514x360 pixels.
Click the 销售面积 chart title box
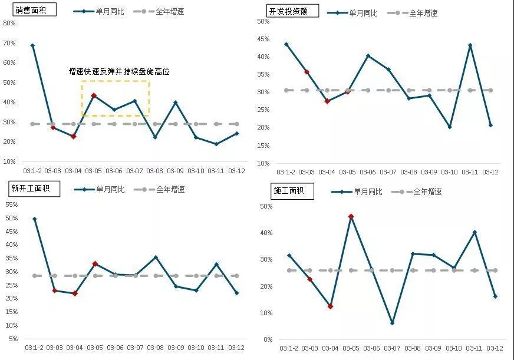[x=35, y=9]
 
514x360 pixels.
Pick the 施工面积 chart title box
[x=292, y=191]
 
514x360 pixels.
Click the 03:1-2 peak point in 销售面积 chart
[x=32, y=45]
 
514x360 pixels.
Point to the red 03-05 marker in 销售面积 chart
[x=94, y=95]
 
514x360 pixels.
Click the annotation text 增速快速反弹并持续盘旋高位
[x=119, y=72]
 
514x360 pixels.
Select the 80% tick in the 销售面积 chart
[x=9, y=24]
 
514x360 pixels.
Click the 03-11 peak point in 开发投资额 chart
[x=470, y=45]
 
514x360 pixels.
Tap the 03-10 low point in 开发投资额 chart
[x=449, y=127]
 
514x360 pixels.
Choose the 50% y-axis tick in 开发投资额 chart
[x=263, y=21]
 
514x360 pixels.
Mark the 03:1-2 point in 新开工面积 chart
[x=34, y=219]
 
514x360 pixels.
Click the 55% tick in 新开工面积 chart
[x=11, y=204]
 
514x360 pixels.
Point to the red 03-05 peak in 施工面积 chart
[x=351, y=217]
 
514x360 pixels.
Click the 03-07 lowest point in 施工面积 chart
[x=392, y=323]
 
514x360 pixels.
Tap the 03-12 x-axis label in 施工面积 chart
[x=495, y=349]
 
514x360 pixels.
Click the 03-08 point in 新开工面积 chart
[x=156, y=257]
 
